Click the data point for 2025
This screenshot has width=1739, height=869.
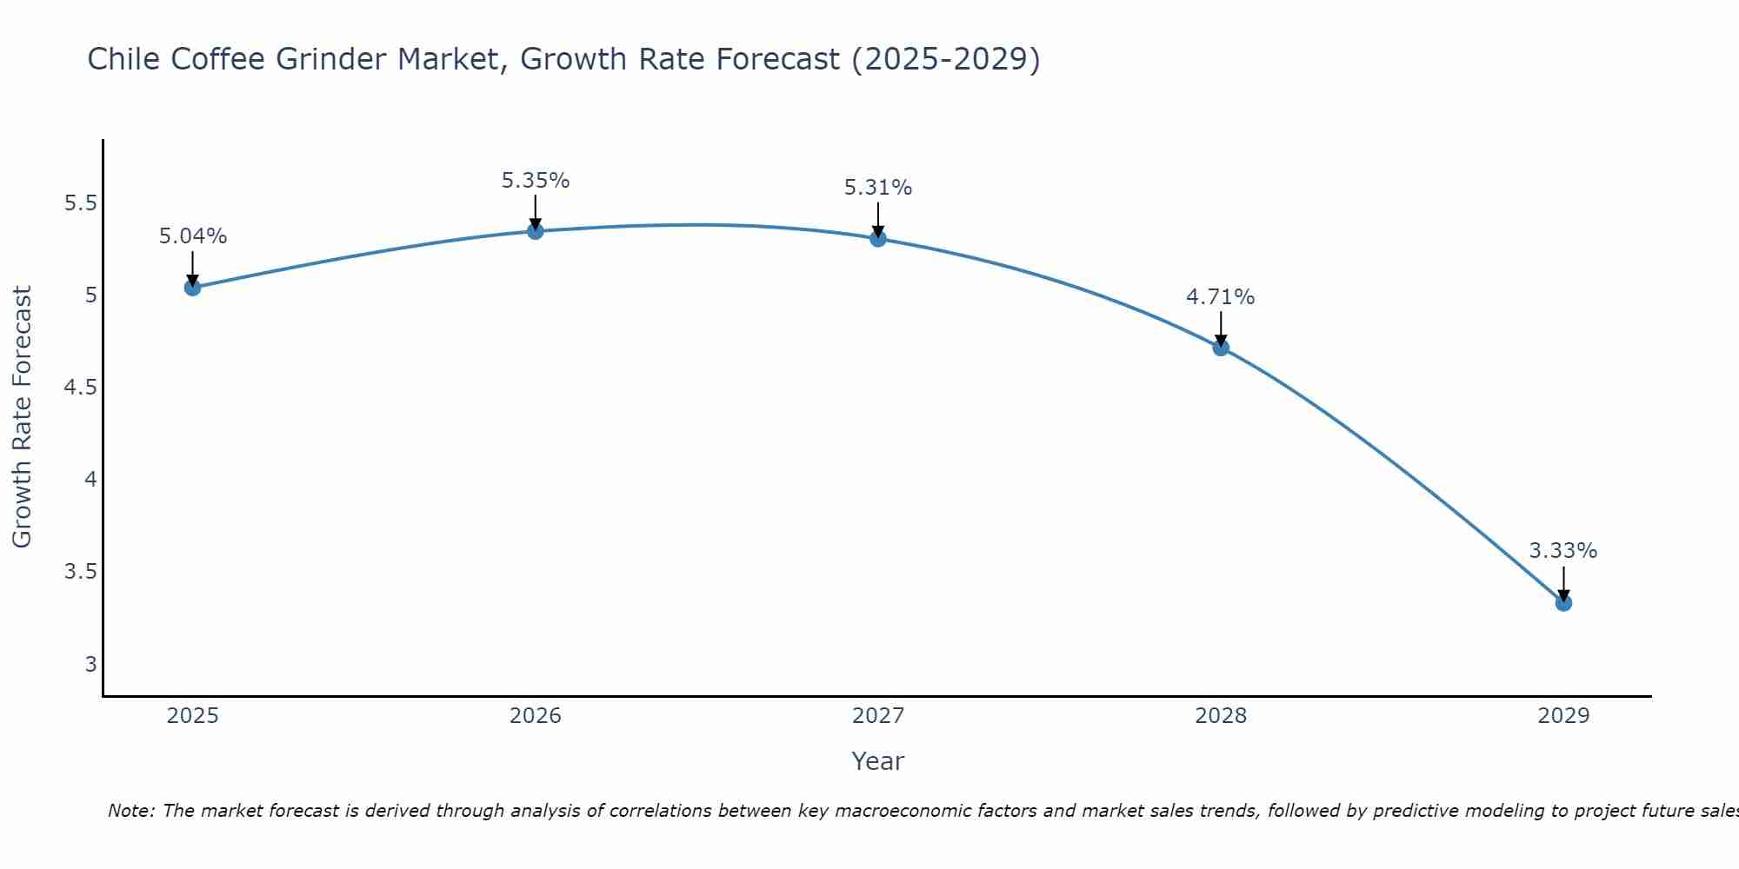point(193,288)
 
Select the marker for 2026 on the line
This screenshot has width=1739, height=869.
point(536,231)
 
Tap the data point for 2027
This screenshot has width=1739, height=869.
point(878,238)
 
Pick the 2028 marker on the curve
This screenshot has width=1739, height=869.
point(1221,348)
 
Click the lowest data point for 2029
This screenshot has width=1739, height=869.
point(1563,602)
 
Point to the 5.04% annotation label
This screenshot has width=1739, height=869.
point(193,236)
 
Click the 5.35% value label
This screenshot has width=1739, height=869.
point(536,181)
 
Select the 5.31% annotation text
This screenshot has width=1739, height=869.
point(878,188)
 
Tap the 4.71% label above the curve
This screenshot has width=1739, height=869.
point(1221,297)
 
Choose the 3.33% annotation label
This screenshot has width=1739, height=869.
point(1563,551)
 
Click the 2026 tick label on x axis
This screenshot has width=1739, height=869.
point(536,716)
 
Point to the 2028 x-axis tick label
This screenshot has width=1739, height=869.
point(1221,716)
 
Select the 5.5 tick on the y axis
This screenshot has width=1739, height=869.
point(80,203)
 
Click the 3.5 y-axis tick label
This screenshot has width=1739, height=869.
point(80,572)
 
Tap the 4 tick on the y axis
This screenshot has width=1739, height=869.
point(90,480)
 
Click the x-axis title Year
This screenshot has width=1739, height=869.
point(878,761)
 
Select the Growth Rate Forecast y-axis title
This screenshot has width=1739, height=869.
point(22,417)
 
